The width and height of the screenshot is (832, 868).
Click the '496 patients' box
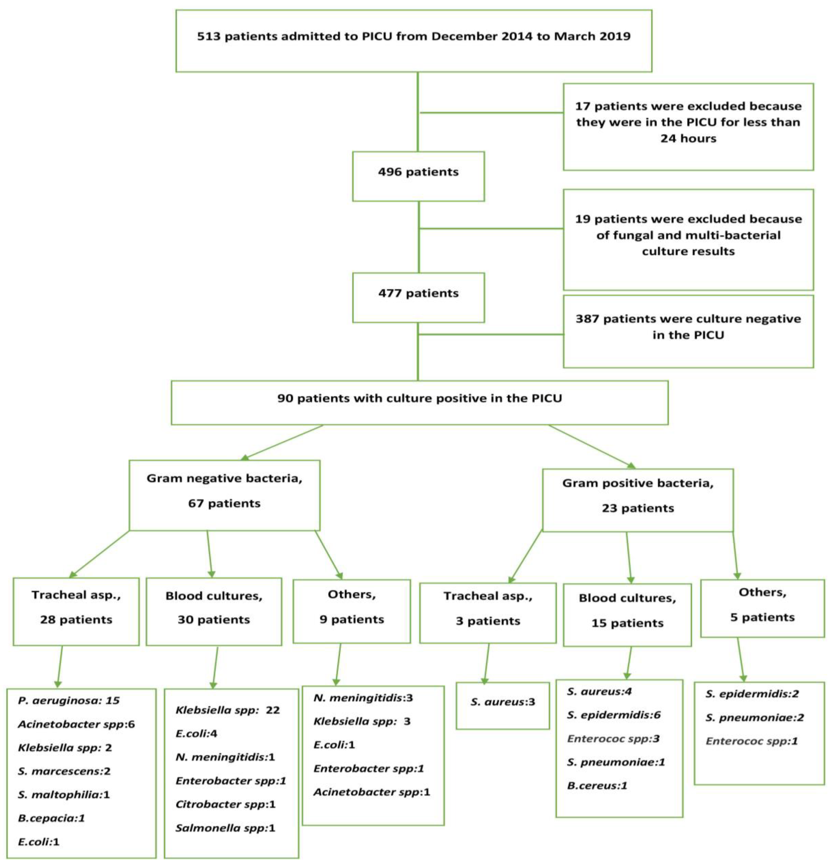pos(418,176)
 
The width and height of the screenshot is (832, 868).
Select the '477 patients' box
pos(418,297)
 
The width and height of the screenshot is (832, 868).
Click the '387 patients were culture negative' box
pos(688,331)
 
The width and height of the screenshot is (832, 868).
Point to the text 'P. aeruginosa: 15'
pos(69,700)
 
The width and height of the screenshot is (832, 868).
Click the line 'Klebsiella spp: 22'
pos(227,710)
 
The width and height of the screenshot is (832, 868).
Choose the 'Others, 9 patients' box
pos(352,611)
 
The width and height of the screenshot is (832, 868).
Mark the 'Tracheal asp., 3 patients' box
pos(487,613)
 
